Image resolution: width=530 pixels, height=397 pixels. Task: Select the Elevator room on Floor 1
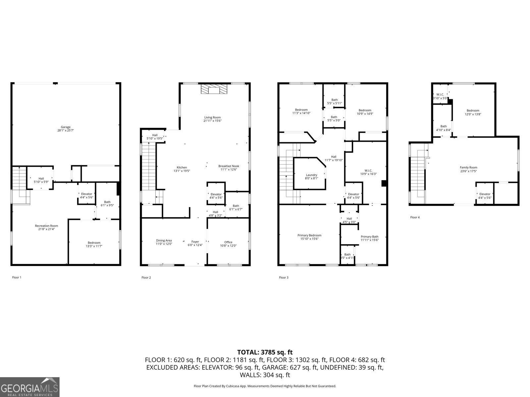pyautogui.click(x=86, y=196)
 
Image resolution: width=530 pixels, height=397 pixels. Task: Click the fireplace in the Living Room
pyautogui.click(x=214, y=89)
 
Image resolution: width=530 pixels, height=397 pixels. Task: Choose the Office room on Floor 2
pyautogui.click(x=228, y=244)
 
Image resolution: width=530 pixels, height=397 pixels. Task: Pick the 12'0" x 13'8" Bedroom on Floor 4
pyautogui.click(x=473, y=112)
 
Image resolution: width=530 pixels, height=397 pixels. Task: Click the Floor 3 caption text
pyautogui.click(x=284, y=278)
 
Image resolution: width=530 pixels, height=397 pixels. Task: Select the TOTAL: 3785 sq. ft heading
pyautogui.click(x=265, y=352)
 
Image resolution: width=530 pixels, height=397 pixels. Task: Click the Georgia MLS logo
pyautogui.click(x=29, y=387)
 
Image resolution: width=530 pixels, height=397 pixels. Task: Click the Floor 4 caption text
pyautogui.click(x=415, y=217)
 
